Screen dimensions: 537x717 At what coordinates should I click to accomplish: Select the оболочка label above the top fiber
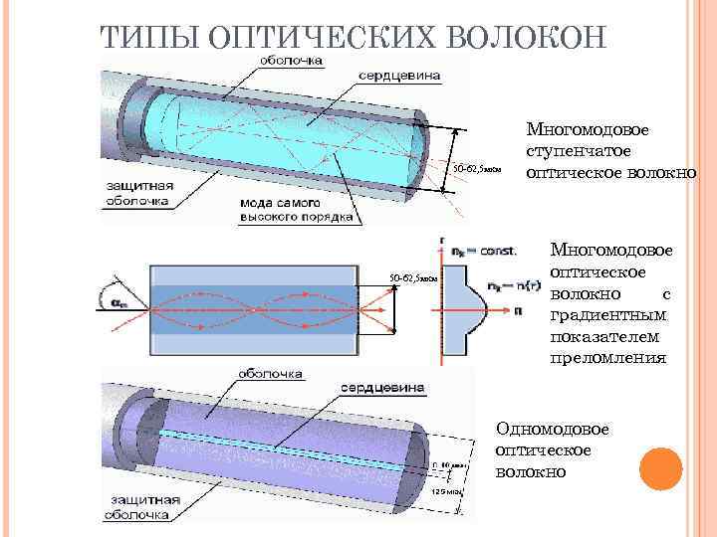291,61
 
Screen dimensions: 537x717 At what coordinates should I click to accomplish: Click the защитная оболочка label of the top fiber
140,190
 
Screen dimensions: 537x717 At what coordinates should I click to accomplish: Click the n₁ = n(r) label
510,286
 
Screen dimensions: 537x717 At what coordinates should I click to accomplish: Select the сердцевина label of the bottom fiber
383,387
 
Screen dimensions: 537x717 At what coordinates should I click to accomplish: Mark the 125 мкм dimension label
443,490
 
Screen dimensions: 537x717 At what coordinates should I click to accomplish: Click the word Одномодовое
552,429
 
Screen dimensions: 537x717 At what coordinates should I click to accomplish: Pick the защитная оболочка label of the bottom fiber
140,507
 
